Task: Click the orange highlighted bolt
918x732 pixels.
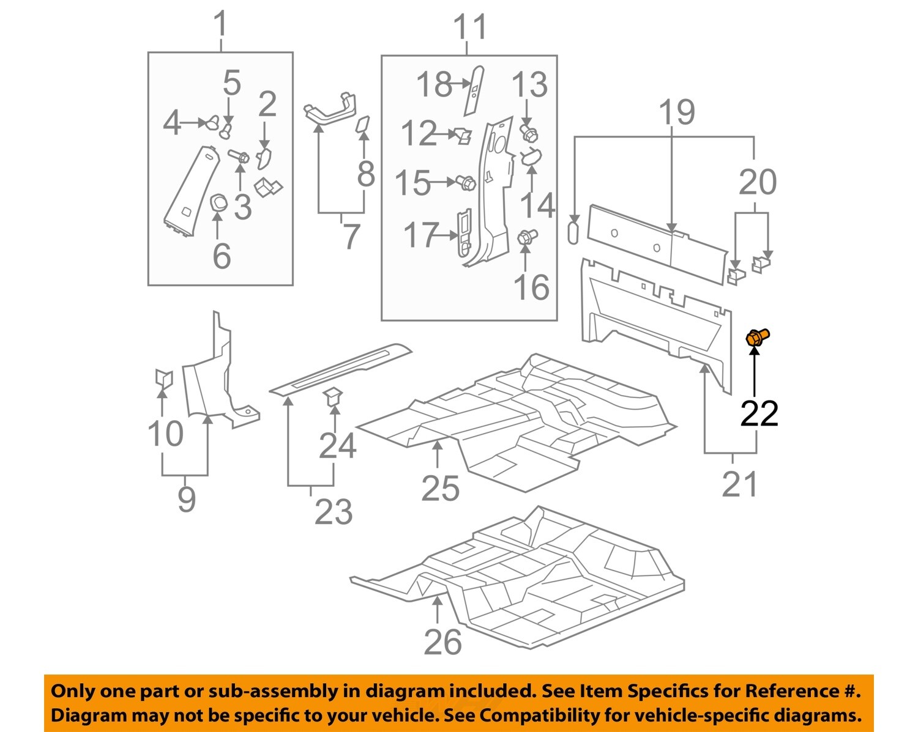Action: (756, 338)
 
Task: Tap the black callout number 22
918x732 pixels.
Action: (759, 414)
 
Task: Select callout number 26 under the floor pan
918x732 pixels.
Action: (442, 642)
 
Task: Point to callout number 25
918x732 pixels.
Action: (440, 488)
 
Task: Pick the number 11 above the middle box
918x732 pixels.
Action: (470, 28)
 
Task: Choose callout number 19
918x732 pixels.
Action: (677, 113)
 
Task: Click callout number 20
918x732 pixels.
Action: (758, 182)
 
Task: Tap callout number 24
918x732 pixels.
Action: (337, 446)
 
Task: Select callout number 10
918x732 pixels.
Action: (165, 434)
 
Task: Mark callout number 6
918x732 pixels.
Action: (222, 255)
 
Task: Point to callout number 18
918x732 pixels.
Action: (434, 84)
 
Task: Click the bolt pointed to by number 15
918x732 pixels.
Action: (466, 182)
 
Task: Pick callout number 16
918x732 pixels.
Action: (531, 287)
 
